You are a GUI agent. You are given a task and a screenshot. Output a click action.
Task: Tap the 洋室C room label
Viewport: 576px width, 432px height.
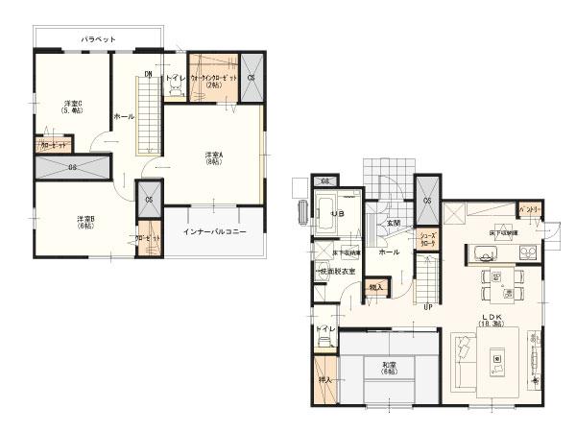point(72,106)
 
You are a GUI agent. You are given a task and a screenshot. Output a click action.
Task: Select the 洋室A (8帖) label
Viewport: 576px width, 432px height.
point(214,157)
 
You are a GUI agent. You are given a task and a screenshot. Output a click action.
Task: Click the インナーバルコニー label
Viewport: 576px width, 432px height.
point(215,232)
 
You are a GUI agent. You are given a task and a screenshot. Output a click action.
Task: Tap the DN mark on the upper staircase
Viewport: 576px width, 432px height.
point(149,73)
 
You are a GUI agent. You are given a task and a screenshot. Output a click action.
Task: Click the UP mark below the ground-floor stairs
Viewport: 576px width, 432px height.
point(427,306)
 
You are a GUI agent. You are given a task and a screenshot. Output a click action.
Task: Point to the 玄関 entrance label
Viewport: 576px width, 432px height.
point(394,223)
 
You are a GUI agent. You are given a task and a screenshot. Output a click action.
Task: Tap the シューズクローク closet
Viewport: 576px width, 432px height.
point(428,240)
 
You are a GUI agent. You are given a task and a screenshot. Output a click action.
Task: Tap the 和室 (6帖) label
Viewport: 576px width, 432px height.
point(388,368)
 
